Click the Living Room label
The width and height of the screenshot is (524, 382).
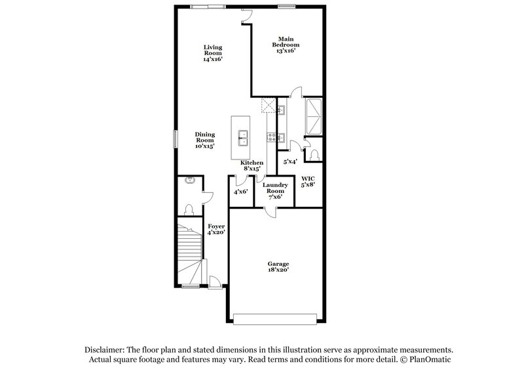click(x=213, y=53)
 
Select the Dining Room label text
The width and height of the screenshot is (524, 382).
click(x=205, y=140)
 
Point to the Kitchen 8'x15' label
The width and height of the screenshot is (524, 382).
click(x=252, y=165)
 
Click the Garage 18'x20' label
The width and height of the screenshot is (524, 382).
click(x=278, y=266)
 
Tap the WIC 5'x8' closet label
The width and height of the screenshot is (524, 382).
click(x=307, y=181)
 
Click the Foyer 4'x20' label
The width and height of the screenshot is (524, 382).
click(x=216, y=229)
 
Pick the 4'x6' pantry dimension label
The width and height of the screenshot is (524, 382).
click(x=240, y=192)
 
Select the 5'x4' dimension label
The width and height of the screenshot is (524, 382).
click(x=290, y=161)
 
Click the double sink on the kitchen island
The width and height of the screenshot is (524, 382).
click(x=242, y=137)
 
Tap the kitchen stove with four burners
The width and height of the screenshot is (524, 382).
click(x=271, y=137)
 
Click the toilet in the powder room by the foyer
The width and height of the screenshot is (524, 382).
click(x=189, y=209)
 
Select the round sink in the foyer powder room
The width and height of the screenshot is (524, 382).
click(x=191, y=180)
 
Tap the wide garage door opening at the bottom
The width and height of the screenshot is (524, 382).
click(x=278, y=319)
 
